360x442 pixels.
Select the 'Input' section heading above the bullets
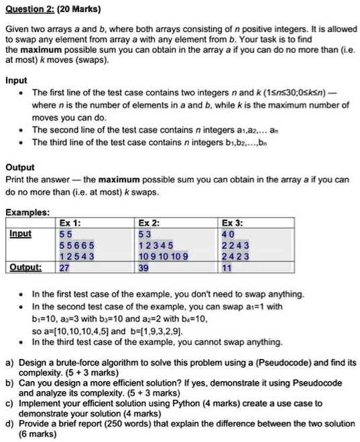pyautogui.click(x=16, y=80)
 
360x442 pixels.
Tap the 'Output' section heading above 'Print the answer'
pyautogui.click(x=19, y=167)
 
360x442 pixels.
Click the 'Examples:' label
pyautogui.click(x=27, y=212)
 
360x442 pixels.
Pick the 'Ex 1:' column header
pyautogui.click(x=70, y=222)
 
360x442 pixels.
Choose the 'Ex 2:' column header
pyautogui.click(x=148, y=222)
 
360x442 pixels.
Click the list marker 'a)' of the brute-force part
pyautogui.click(x=9, y=362)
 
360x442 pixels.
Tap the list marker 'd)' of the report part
pyautogui.click(x=9, y=423)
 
